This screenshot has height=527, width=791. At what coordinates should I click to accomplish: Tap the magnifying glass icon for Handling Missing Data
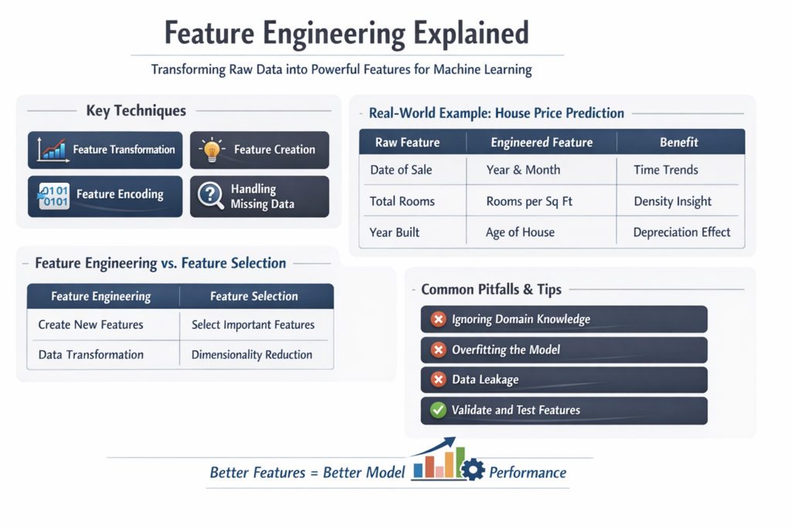pos(210,196)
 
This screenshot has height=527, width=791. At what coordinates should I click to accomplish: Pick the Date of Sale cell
pos(401,170)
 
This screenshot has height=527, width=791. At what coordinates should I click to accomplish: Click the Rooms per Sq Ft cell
pos(530,201)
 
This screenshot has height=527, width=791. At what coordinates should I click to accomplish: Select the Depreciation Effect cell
pos(681,232)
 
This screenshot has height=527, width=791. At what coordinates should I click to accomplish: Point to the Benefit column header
pos(679,142)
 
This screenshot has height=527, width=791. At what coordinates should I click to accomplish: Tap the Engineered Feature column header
pos(541,142)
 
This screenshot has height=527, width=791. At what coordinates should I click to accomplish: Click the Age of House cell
pos(520,232)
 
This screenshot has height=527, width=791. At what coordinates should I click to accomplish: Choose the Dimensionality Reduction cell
pos(252,355)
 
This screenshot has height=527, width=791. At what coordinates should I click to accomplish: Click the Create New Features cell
pos(90,325)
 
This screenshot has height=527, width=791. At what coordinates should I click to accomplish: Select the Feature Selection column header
pos(253,296)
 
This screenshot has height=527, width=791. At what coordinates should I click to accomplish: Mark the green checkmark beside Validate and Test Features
pos(438,410)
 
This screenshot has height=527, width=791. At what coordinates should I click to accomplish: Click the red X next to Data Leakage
pos(438,380)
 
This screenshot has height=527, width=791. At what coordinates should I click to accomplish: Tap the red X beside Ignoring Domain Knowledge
pos(438,319)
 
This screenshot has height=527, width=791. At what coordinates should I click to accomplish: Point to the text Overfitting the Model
pos(506,350)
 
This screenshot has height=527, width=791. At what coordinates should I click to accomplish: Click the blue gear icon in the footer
pos(472,468)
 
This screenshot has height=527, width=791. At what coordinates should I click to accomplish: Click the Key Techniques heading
pos(136,111)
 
